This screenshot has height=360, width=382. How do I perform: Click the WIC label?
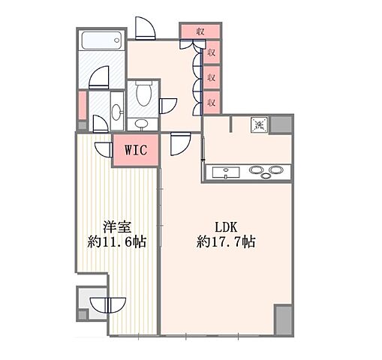(136, 149)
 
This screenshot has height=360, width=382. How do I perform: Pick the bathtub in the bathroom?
(101, 40)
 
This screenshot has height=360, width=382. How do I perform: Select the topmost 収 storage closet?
(200, 31)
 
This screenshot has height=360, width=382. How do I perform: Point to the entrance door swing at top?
(145, 28)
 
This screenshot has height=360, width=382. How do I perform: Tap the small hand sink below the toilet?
(142, 124)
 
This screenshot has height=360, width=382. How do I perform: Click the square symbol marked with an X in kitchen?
(257, 125)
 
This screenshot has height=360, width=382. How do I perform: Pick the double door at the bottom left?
(107, 306)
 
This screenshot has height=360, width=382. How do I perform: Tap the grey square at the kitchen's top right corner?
(282, 124)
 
